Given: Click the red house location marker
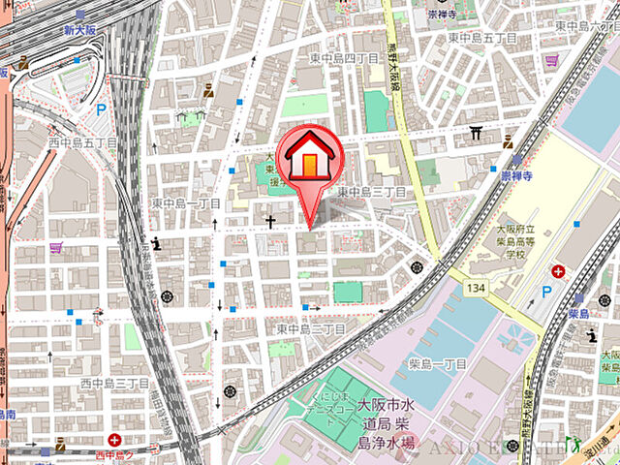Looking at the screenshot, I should point(307,158).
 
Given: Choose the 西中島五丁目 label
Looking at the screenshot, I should point(82,142).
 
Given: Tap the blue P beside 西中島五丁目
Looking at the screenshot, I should point(100,110).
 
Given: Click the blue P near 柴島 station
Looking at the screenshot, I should point(545,291).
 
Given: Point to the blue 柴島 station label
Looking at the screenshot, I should point(579,315).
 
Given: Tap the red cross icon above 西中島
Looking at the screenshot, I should point(115,440).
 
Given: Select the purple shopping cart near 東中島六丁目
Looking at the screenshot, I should point(551,60).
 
